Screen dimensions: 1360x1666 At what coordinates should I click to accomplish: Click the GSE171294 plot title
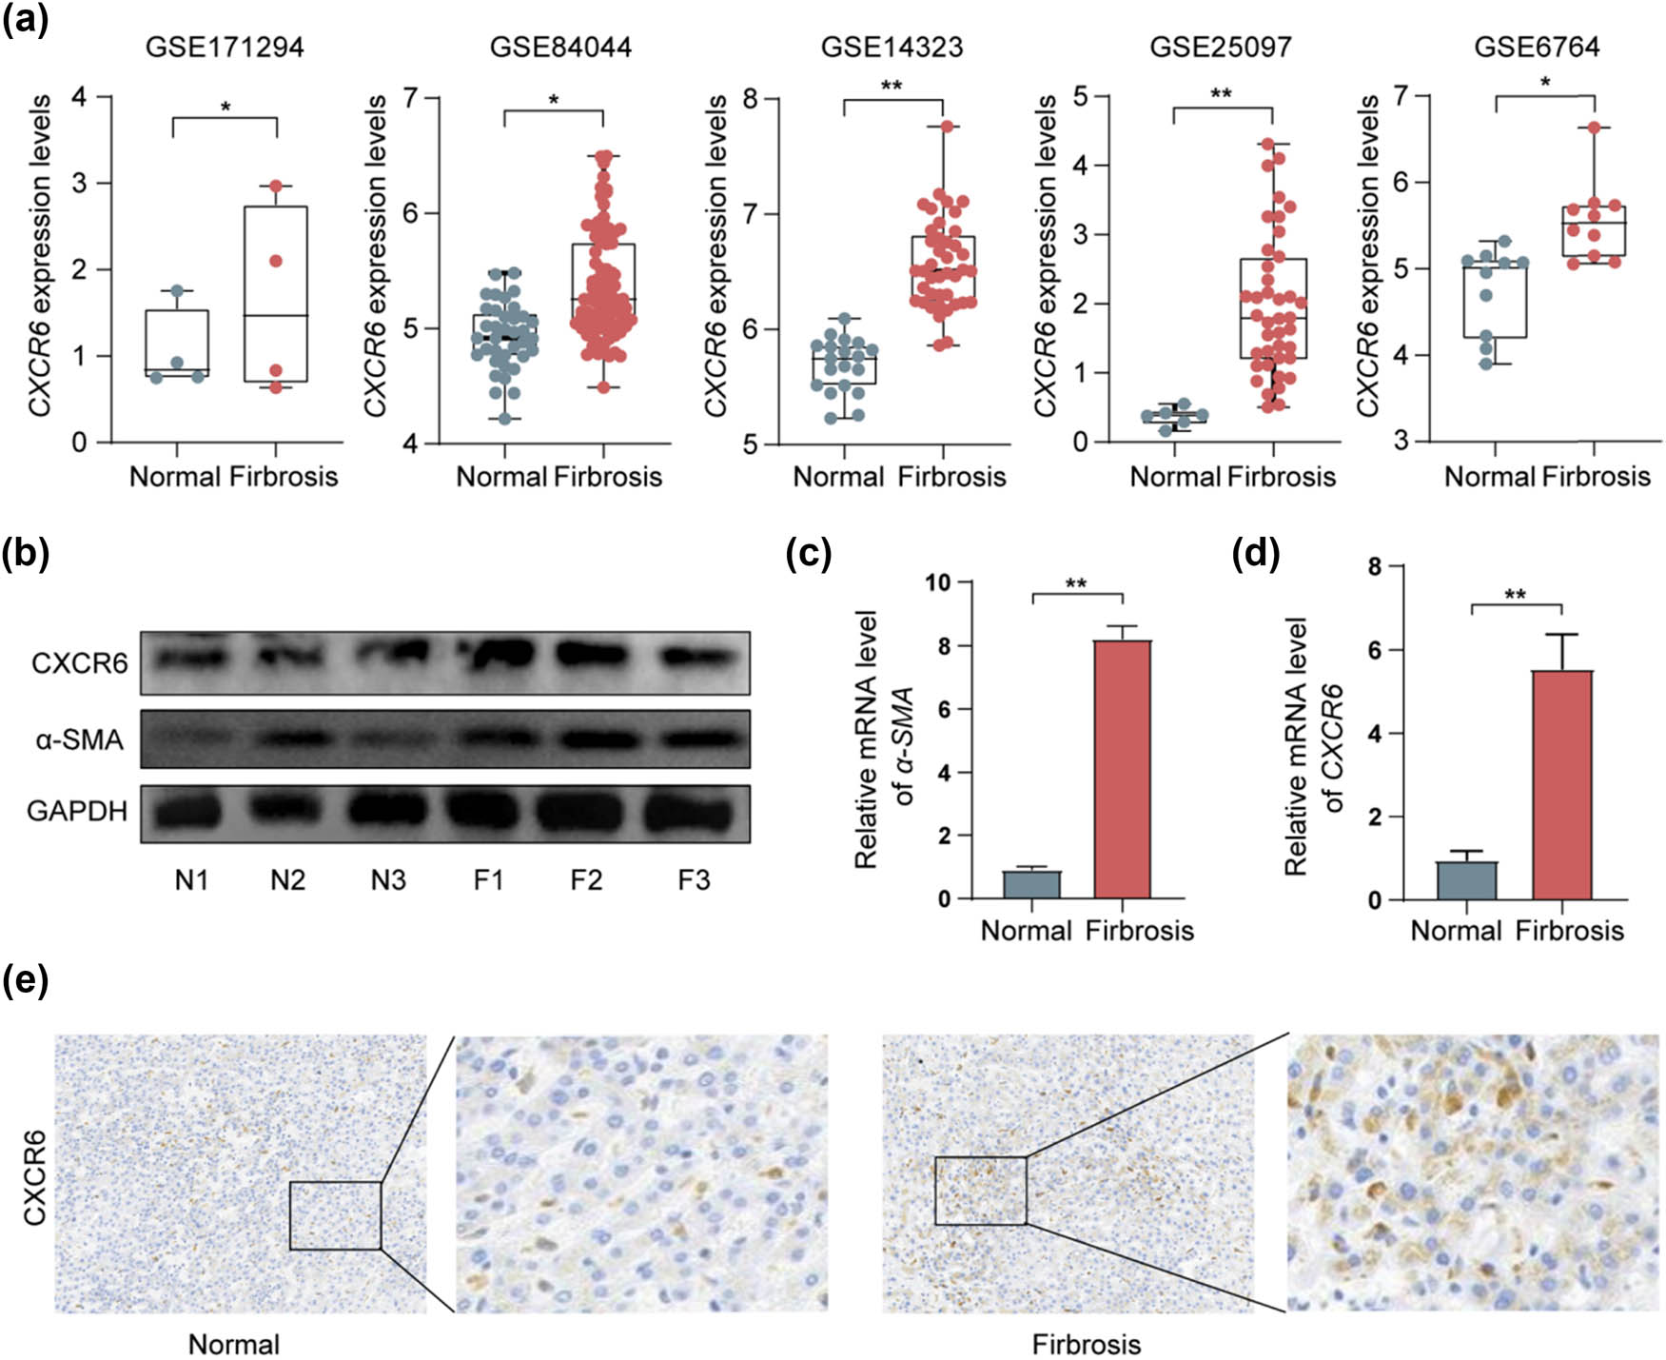225,47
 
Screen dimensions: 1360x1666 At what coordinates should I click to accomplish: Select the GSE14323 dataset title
892,47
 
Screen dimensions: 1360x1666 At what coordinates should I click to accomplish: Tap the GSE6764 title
1537,47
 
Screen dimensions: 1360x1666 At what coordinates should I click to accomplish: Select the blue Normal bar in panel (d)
1466,880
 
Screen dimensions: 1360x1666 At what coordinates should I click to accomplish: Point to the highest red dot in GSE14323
946,126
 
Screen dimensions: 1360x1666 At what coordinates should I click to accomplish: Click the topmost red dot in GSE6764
1595,128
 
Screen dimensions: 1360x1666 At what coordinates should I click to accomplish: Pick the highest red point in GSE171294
276,187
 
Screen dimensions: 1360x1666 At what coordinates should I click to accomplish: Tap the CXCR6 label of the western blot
79,662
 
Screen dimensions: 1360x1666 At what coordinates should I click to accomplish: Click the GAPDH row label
77,811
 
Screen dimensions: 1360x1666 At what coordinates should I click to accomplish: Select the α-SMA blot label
79,739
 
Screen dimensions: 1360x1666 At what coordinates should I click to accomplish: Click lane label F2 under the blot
586,880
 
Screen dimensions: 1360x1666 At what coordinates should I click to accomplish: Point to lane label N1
191,880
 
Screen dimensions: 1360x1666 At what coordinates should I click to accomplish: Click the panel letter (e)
26,980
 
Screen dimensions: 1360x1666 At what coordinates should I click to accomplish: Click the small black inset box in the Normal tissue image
335,1214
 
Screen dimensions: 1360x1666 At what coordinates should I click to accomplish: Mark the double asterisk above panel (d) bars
1515,596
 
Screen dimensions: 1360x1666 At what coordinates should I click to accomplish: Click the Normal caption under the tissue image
234,1344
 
